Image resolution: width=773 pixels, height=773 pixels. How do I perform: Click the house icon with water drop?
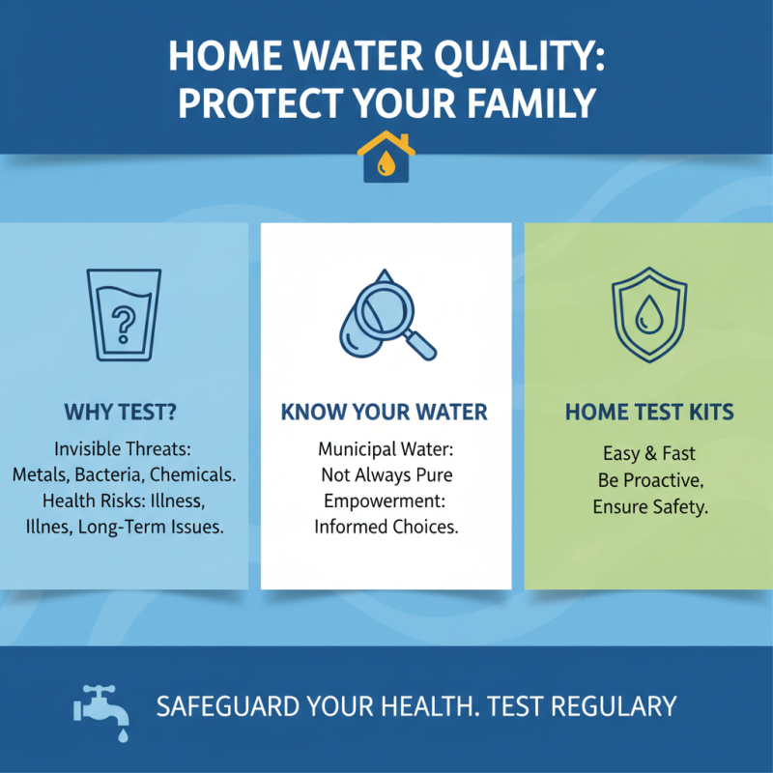[386, 158]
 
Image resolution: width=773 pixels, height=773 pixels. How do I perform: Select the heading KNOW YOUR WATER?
[385, 413]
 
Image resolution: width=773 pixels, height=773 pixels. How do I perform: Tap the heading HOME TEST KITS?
[649, 413]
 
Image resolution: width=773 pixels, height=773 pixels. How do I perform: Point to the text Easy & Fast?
[649, 453]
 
